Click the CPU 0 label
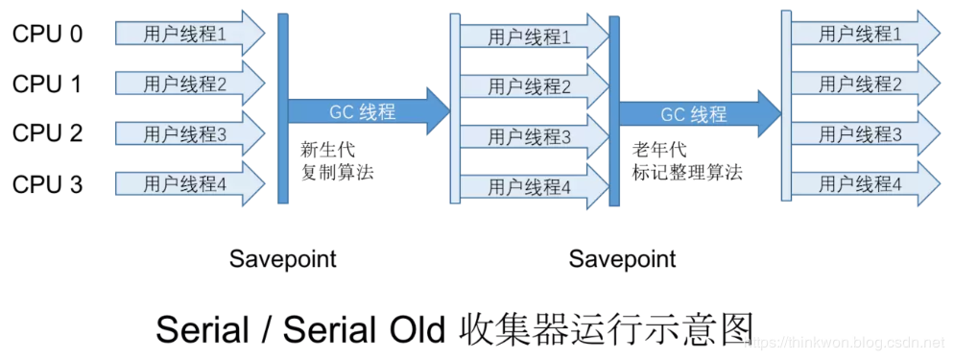pos(47,34)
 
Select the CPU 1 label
pos(47,84)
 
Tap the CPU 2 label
pos(47,133)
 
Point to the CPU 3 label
pos(47,183)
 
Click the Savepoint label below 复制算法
pos(283,259)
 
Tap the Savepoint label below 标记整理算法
pos(622,259)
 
